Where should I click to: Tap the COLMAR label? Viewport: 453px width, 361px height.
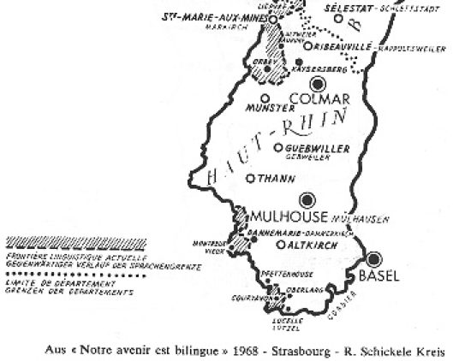tap(316, 98)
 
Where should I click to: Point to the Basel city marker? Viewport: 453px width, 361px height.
tap(374, 259)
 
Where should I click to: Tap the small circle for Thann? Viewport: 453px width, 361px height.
tap(249, 179)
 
